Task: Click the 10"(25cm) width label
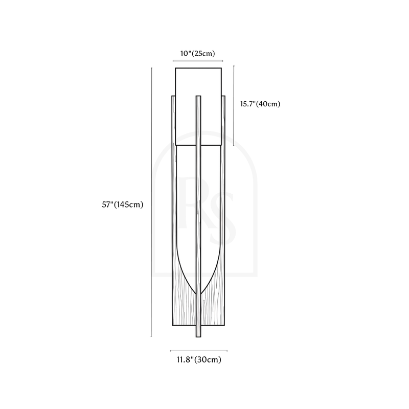[x=198, y=54]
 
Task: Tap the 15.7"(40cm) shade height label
[x=260, y=104]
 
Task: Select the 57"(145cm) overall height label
[x=123, y=204]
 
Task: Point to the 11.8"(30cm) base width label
[x=199, y=360]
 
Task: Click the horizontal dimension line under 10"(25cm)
[x=198, y=61]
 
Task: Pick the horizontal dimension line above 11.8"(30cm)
[x=199, y=351]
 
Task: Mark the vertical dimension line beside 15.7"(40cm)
[x=234, y=106]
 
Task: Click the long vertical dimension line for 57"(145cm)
[x=151, y=202]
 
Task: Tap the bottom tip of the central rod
[x=198, y=337]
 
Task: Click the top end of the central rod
[x=198, y=96]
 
